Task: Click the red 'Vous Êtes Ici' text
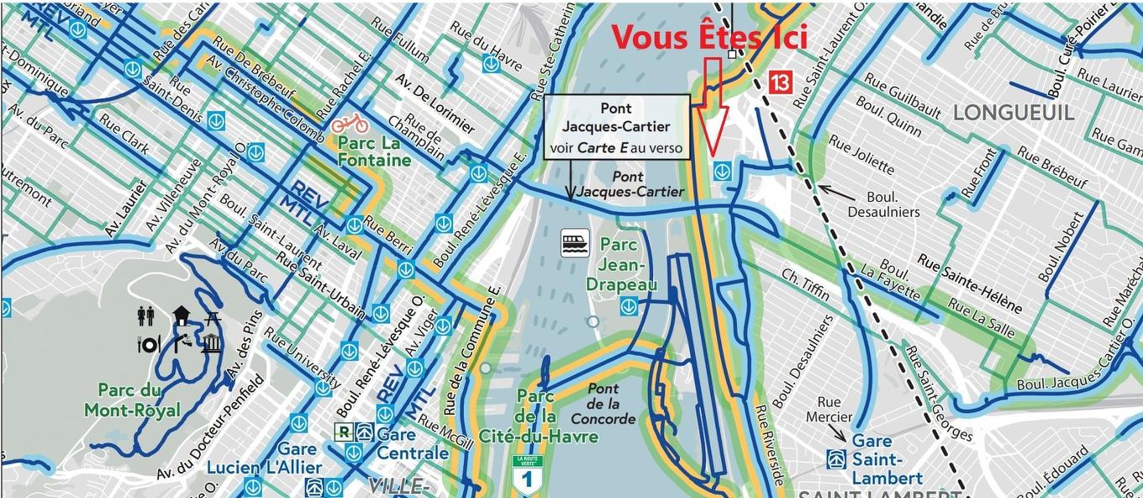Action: pyautogui.click(x=708, y=38)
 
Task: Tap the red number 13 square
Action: pyautogui.click(x=780, y=82)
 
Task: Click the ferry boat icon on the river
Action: pyautogui.click(x=576, y=244)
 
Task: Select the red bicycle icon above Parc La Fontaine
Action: pyautogui.click(x=349, y=124)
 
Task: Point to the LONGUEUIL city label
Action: pyautogui.click(x=1014, y=113)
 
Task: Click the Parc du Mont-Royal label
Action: pyautogui.click(x=132, y=400)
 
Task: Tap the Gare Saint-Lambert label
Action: pyautogui.click(x=875, y=459)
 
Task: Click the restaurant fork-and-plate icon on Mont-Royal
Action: pyautogui.click(x=149, y=344)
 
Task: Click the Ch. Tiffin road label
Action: pyautogui.click(x=805, y=284)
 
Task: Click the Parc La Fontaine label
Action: pyautogui.click(x=374, y=151)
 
